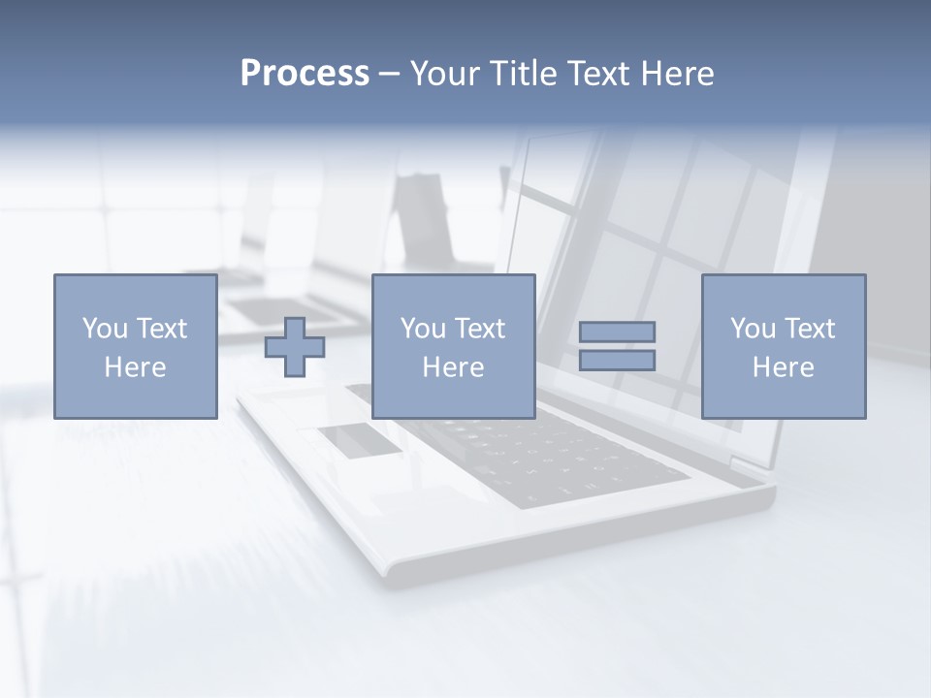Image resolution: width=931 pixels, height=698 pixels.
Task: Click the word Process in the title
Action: click(x=305, y=74)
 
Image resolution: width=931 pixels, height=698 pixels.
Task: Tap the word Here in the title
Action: click(x=679, y=74)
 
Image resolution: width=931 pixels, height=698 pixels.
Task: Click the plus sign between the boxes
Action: click(x=295, y=347)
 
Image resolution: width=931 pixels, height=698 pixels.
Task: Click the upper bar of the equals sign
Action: click(x=617, y=332)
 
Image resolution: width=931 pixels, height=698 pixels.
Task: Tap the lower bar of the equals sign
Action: click(x=617, y=361)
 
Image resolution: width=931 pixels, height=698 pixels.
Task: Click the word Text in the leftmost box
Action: click(x=162, y=329)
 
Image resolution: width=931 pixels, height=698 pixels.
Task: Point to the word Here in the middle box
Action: click(x=453, y=367)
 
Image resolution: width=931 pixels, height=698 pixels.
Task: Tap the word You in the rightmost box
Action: click(x=754, y=329)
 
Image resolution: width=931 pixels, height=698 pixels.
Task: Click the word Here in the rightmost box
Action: click(x=784, y=367)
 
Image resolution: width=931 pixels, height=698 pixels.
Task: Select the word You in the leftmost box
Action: click(x=106, y=329)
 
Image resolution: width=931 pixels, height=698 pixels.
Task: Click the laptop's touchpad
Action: click(x=360, y=439)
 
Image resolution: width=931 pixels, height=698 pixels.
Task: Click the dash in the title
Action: click(x=390, y=74)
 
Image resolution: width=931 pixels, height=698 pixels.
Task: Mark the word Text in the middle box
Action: click(x=480, y=329)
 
